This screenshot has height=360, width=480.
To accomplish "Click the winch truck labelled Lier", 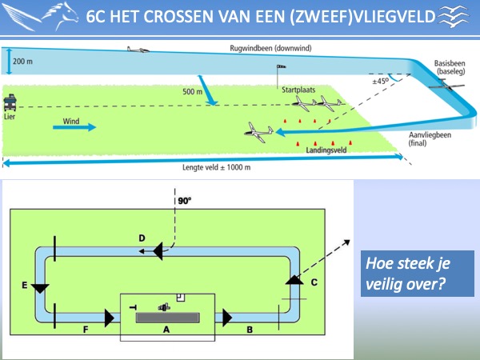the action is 10,102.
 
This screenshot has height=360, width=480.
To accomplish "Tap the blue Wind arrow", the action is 74,127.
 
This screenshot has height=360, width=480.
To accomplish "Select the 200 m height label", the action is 22,62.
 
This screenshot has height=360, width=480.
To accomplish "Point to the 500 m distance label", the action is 192,91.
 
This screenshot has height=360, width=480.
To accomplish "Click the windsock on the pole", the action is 282,66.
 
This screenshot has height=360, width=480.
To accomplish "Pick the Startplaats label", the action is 298,90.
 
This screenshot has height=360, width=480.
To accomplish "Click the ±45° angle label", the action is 381,82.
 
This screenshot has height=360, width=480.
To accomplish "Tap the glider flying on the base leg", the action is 446,85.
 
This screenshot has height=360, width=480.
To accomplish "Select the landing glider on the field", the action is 259,132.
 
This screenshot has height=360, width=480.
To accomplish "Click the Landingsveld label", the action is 326,150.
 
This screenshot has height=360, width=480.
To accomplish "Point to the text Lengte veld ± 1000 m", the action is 217,167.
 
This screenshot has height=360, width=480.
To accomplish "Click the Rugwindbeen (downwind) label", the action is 270,48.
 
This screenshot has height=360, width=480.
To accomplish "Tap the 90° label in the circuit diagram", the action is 185,201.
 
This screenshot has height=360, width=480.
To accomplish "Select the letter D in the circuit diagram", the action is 142,238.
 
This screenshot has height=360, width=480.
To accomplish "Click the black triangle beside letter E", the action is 40,289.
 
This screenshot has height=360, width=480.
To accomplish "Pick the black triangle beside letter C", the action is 294,280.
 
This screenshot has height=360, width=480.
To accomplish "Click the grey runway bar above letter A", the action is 168,318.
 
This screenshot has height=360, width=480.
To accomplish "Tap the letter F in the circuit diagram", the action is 86,330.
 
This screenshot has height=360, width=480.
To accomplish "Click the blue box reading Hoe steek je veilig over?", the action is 418,274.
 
